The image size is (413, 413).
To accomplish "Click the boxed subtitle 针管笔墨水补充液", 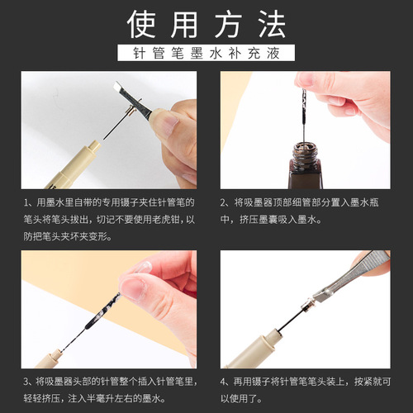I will pos(206,55).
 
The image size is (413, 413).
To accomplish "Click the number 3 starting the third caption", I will pos(27,380).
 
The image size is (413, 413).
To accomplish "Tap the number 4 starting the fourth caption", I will pos(224,380).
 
